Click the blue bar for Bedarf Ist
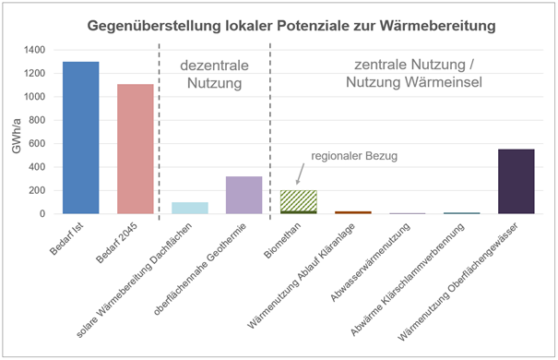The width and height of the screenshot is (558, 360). (80, 138)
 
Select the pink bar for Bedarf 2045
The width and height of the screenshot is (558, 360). (135, 149)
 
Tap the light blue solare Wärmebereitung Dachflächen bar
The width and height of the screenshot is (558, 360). (189, 208)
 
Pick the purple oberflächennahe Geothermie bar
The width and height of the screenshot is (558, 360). (244, 195)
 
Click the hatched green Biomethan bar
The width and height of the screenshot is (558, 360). (298, 200)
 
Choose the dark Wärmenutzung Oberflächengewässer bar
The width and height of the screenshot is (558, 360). (516, 181)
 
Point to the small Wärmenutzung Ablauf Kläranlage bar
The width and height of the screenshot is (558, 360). (352, 212)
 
